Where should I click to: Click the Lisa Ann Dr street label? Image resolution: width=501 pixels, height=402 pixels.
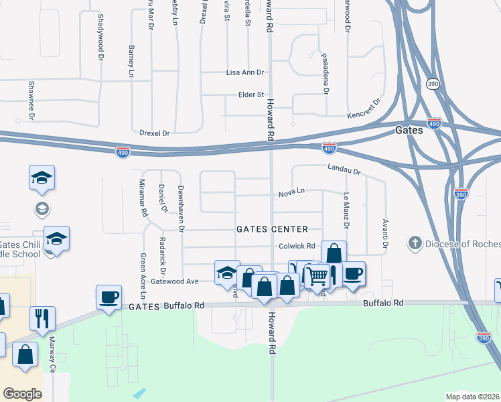(246, 72)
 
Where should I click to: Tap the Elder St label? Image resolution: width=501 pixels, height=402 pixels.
(251, 95)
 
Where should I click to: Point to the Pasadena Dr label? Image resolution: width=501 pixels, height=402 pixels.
(325, 74)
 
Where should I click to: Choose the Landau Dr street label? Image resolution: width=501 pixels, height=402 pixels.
(344, 170)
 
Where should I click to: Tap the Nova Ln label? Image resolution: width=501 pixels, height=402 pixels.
(292, 192)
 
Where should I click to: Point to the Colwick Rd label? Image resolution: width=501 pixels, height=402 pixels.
(297, 246)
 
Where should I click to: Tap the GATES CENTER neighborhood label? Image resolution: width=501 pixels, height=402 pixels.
(272, 229)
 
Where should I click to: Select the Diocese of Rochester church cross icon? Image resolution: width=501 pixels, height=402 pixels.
(415, 241)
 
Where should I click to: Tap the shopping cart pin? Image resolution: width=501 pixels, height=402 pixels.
(317, 275)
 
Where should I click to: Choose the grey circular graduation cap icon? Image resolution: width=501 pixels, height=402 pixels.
(42, 208)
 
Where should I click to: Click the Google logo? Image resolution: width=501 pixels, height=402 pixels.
(22, 394)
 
